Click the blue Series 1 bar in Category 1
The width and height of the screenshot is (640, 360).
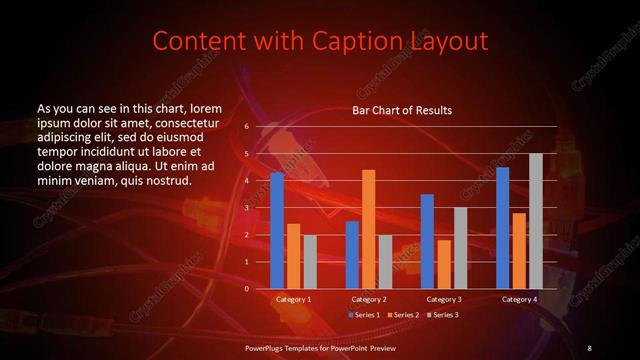277,231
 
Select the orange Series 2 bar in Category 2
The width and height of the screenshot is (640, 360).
368,229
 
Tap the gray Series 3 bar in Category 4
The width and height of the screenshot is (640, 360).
535,221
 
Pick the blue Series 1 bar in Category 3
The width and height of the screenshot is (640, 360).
427,241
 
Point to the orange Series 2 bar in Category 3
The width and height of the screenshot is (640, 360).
444,264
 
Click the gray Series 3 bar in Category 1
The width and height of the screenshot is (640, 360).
310,262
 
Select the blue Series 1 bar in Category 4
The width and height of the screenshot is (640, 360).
502,228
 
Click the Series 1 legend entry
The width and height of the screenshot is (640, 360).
364,314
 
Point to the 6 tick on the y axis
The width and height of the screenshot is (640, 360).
245,127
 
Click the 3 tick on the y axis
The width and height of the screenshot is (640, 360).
245,208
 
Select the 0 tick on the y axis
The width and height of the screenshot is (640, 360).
245,289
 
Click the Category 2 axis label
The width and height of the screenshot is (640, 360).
368,299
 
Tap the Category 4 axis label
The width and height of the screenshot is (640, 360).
519,299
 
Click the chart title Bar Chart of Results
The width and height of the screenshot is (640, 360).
402,110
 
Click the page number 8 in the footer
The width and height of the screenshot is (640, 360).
589,347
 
